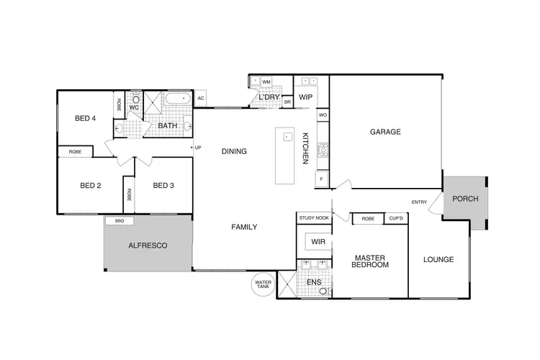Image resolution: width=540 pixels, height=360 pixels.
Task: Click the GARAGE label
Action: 385,132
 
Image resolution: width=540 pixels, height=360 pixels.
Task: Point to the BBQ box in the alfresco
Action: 119,221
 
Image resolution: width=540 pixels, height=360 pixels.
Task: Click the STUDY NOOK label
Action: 312,217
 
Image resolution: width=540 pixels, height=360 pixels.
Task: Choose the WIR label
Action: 318,243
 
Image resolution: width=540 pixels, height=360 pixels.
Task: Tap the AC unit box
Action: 201,99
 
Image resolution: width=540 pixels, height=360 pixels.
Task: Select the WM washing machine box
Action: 266,82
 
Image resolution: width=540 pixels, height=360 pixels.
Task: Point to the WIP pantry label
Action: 305,97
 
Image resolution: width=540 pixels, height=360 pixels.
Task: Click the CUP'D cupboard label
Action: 395,218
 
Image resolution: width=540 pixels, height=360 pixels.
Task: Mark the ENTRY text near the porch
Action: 420,202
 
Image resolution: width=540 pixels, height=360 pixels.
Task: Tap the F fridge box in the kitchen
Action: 322,177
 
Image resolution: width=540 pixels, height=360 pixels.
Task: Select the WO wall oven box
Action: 323,114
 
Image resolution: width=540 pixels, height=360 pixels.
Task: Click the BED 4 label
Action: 85,119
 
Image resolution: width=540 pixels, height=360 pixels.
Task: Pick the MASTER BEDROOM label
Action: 370,261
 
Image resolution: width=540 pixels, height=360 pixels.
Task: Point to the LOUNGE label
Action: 438,260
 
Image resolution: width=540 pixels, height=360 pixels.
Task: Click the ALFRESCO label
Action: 148,246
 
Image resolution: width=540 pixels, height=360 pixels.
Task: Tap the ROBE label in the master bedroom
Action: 368,218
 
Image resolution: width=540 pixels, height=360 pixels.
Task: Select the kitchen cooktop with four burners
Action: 323,150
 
